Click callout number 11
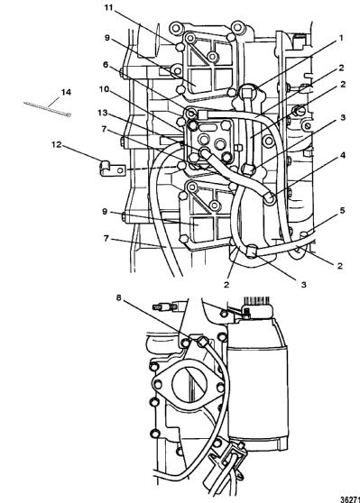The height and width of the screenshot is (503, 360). (x=109, y=7)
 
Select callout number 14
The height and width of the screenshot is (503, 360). (x=66, y=92)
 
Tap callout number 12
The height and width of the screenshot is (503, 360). (x=56, y=144)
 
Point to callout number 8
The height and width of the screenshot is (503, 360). (x=119, y=297)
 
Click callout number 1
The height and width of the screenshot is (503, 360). (x=341, y=38)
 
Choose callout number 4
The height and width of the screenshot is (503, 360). (x=343, y=155)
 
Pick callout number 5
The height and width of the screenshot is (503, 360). (x=342, y=210)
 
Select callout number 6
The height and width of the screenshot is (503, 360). (x=106, y=65)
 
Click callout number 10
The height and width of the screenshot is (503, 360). (x=104, y=89)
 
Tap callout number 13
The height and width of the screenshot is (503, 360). (x=103, y=113)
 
